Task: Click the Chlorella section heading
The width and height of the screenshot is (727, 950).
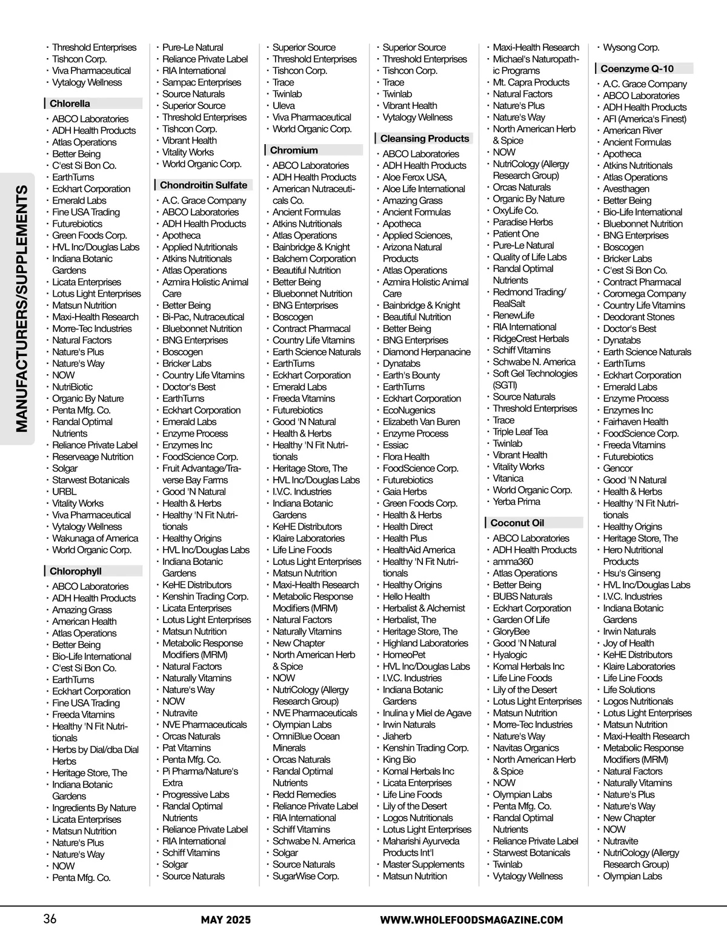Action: pos(70,104)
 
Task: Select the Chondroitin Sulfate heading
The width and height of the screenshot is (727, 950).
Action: pos(204,185)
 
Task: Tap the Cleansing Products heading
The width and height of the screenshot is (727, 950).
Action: pos(425,139)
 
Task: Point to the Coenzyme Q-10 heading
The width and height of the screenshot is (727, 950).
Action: pos(637,68)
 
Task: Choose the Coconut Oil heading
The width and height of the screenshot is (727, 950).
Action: pos(517,523)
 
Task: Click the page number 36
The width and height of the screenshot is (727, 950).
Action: pos(50,919)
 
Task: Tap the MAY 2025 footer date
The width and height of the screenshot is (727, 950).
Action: pos(225,920)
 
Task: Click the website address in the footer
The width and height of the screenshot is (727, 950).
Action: pos(471,920)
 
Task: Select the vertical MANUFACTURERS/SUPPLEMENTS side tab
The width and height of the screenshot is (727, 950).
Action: pos(22,309)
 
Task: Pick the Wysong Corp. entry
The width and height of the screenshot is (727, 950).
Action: pos(631,47)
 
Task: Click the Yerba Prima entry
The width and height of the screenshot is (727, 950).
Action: pos(516,501)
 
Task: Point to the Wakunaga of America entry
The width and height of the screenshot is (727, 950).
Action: pos(95,538)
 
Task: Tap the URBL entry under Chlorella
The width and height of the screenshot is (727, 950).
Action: pos(64,492)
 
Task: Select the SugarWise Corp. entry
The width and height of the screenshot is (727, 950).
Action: pos(305,876)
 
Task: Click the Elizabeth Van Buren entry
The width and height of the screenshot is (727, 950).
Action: pos(421,421)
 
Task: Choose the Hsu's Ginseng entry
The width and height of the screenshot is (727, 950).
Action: pos(631,573)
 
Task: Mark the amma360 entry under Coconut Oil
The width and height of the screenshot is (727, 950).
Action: pos(513,561)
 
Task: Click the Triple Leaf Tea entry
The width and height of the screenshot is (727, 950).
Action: pos(520,432)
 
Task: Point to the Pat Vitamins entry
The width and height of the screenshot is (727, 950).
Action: pos(187,748)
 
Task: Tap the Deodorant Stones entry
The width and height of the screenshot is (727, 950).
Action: pos(639,317)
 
